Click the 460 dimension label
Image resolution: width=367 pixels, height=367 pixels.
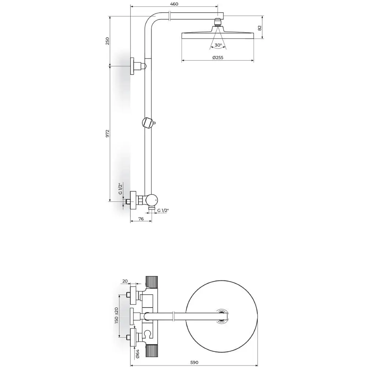(x=174, y=4)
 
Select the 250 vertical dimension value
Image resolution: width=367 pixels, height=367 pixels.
(x=108, y=41)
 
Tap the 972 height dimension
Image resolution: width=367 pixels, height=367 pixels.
(x=108, y=134)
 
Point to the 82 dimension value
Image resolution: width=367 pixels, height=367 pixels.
(x=259, y=28)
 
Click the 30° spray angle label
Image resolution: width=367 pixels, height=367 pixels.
(x=218, y=45)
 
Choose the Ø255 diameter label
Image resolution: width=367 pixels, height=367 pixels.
(x=218, y=58)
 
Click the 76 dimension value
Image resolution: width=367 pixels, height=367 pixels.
(x=141, y=219)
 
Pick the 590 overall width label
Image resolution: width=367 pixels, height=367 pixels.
(x=194, y=363)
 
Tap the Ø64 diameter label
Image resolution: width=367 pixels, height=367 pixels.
(x=137, y=353)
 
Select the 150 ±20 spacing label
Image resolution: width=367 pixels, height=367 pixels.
(x=117, y=316)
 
